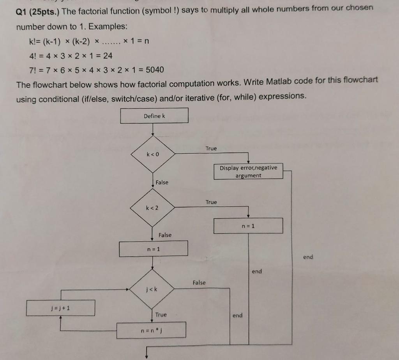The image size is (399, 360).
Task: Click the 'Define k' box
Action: [154, 116]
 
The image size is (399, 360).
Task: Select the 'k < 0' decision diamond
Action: [153, 155]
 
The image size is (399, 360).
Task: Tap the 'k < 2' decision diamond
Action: [152, 208]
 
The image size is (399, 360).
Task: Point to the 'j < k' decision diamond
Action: [152, 289]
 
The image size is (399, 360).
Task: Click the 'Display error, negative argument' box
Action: [248, 171]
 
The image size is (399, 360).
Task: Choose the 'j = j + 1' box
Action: [60, 308]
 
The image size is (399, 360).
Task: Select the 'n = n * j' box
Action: [151, 330]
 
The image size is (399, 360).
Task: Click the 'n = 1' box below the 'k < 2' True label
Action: [248, 226]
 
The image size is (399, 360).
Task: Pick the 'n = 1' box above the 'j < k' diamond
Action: [154, 249]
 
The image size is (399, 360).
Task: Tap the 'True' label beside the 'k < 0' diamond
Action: [211, 148]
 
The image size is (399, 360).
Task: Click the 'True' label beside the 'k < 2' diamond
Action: [211, 202]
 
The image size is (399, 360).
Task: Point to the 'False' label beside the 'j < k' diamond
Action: [199, 283]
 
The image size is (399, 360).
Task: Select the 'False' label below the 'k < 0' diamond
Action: [162, 182]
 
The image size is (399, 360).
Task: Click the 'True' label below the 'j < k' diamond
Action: [161, 314]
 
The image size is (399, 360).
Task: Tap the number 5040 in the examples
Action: [155, 70]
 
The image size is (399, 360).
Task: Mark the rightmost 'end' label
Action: [308, 257]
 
